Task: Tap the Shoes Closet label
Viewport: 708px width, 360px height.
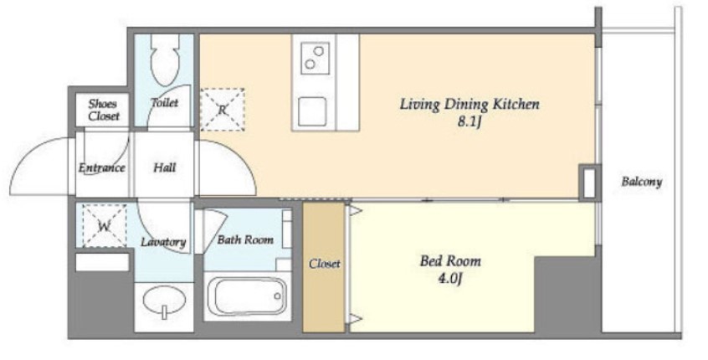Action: pos(104,110)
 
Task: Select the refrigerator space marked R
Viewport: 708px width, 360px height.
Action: pos(222,110)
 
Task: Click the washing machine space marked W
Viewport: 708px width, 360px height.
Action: pos(105,225)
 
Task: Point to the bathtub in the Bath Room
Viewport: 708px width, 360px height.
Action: pos(247,296)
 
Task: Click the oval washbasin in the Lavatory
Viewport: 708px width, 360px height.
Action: pos(164,300)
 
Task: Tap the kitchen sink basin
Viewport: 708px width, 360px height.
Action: pos(311,111)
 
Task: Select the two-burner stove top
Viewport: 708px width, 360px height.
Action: pos(315,58)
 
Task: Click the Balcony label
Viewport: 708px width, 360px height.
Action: pos(642,182)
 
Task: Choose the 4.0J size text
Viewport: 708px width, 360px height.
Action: pos(450,278)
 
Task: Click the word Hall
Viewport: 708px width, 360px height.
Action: pos(164,168)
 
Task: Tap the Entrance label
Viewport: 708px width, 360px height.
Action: pos(101,168)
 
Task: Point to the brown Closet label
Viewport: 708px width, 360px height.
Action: pos(324,264)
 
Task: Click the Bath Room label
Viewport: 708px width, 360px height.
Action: pos(245,239)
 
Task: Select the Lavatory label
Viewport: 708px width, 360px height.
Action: pos(163,242)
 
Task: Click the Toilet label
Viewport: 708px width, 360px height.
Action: pos(164,102)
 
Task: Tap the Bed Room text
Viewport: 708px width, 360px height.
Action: pos(450,260)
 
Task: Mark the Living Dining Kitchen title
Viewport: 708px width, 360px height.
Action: pos(469,105)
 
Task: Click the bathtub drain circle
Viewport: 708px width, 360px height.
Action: pos(277,296)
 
